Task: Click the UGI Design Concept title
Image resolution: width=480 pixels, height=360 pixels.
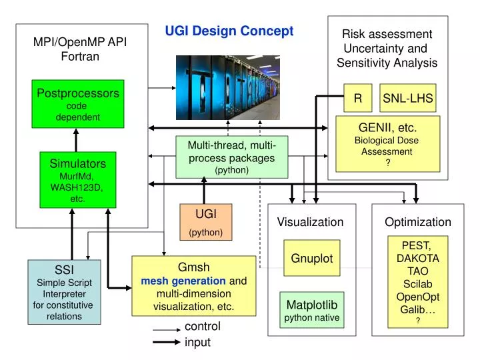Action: pos(229,31)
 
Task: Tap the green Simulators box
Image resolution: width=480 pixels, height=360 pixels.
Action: pos(77,179)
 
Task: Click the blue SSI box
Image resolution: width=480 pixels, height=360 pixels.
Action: pos(64,291)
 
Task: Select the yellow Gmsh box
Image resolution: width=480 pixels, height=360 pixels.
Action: pos(193,285)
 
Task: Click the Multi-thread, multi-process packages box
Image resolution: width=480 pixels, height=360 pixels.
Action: pos(231,157)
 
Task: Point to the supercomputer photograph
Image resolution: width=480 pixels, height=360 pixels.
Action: pos(227,87)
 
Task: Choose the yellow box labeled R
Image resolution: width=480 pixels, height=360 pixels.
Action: pos(358,98)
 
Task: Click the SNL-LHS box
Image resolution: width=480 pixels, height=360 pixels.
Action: pos(407,98)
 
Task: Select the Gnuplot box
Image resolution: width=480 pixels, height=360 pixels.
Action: pos(311,258)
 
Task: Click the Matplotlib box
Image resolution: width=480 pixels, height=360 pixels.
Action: pos(312,310)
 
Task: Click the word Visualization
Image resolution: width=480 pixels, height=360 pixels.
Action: pos(310,221)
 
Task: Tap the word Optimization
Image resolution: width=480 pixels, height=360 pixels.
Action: pos(418,221)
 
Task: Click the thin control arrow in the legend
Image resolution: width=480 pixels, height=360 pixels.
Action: pos(166,329)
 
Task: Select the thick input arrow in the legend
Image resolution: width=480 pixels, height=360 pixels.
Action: pos(166,342)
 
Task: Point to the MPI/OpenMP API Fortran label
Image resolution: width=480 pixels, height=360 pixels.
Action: pos(80,49)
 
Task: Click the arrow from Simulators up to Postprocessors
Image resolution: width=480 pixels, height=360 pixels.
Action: pos(76,140)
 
